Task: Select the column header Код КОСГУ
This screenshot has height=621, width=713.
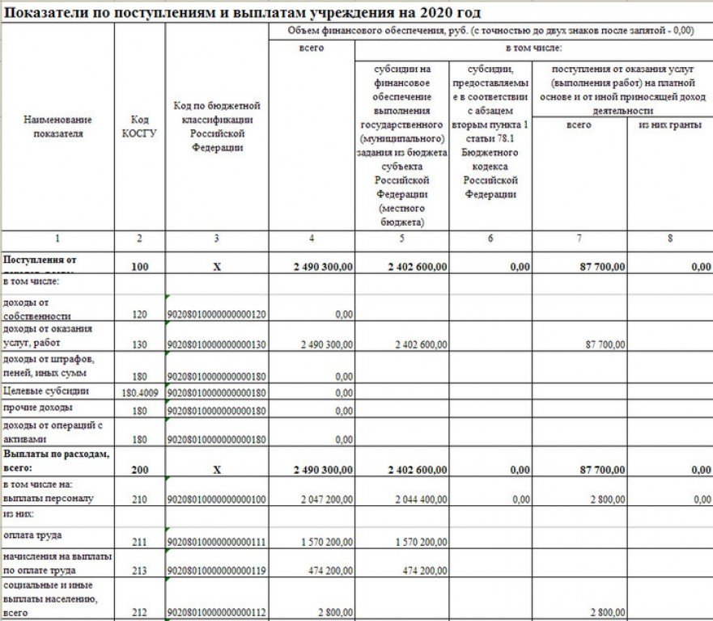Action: click(x=139, y=126)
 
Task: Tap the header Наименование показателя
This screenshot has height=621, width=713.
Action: click(x=57, y=126)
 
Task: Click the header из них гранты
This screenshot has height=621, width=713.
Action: click(x=669, y=125)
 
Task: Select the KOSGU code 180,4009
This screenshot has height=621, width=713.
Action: click(x=139, y=392)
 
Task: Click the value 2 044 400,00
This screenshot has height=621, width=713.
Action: click(x=421, y=500)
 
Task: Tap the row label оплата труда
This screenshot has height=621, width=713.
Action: click(x=32, y=534)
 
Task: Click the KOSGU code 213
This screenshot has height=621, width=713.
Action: click(x=139, y=571)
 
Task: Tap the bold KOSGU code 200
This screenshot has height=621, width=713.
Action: click(x=139, y=469)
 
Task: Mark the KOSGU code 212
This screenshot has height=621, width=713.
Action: click(x=139, y=611)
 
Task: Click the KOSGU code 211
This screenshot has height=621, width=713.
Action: click(x=139, y=540)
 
